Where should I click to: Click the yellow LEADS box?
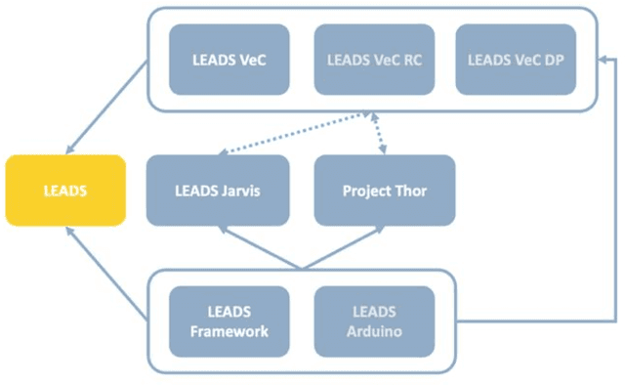tap(65, 190)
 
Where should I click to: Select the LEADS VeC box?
tap(229, 60)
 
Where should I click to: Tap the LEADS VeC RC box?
tap(373, 60)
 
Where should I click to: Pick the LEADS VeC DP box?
tap(516, 60)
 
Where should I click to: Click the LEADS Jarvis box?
tap(217, 190)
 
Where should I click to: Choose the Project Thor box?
tap(384, 190)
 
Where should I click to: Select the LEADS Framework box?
tap(229, 321)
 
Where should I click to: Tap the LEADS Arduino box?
tap(373, 321)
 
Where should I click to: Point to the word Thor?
tap(410, 190)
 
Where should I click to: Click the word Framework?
tap(229, 331)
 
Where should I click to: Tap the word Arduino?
tap(373, 331)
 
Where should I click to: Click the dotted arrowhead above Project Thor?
tap(382, 150)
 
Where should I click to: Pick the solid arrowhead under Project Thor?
tap(379, 231)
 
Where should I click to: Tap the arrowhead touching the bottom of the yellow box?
tap(69, 231)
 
